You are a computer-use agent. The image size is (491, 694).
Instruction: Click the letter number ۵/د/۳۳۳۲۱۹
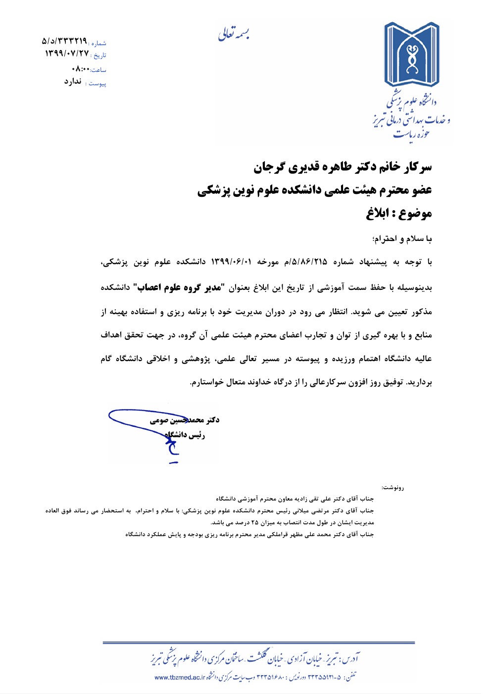tap(64, 41)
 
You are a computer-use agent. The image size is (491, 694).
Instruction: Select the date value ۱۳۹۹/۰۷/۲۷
tap(67, 53)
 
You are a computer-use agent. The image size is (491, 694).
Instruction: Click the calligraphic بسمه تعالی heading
tap(234, 34)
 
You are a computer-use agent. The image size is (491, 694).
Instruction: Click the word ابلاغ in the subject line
tap(377, 214)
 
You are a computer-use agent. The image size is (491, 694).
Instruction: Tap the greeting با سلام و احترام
tap(402, 239)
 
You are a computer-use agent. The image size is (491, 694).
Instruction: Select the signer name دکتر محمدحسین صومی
tap(185, 420)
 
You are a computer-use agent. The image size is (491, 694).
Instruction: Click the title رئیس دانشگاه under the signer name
tap(185, 435)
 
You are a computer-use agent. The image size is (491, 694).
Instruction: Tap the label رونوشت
tap(393, 488)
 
